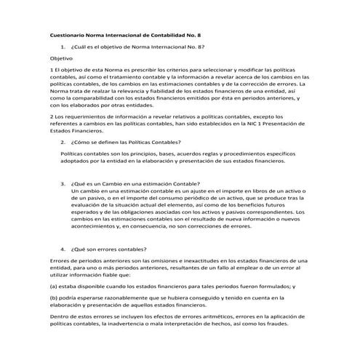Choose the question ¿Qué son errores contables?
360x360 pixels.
[x=106, y=247]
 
